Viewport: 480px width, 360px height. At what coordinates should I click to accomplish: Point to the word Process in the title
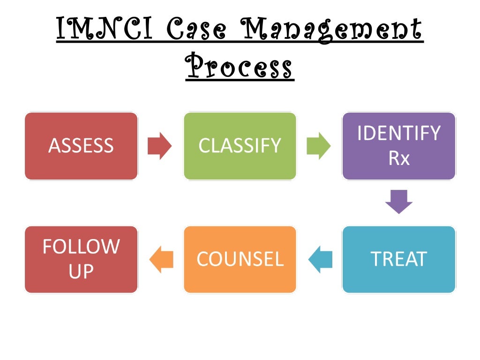[240, 68]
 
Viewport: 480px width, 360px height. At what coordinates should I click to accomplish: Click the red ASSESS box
[81, 146]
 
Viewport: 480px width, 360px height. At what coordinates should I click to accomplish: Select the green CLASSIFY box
[240, 146]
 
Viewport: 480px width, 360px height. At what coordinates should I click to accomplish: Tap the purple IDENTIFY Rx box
[399, 146]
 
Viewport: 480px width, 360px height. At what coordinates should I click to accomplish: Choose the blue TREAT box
[399, 259]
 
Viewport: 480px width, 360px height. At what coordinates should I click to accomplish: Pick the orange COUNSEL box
[240, 259]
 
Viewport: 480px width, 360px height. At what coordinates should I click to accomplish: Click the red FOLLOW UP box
[81, 259]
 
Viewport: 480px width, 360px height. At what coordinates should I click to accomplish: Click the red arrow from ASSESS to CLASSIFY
[160, 146]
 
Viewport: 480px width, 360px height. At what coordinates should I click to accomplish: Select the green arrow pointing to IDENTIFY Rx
[319, 146]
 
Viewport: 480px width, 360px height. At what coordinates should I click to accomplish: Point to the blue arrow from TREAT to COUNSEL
[320, 259]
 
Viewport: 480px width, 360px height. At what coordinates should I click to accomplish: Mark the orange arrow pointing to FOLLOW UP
[161, 259]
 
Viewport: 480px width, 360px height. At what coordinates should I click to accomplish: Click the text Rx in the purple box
[399, 158]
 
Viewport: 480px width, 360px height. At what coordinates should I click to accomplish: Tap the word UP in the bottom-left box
[81, 272]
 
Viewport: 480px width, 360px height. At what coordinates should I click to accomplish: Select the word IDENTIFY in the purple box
[399, 134]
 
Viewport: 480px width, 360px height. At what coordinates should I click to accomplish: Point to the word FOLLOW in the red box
[81, 247]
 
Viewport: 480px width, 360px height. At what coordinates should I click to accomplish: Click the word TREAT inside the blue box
[399, 259]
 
